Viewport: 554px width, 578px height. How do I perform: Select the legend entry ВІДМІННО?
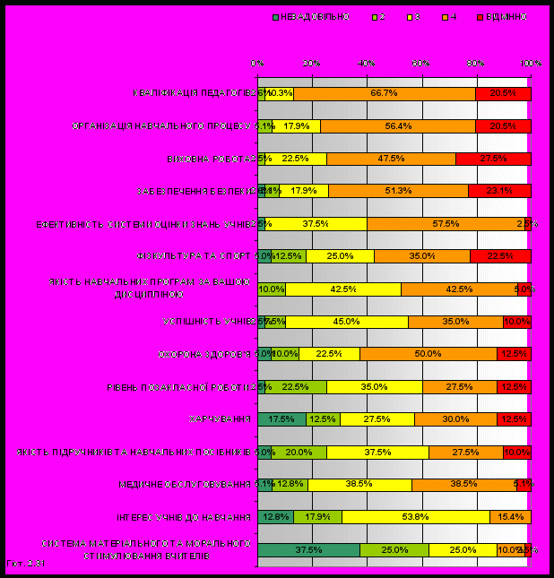[505, 17]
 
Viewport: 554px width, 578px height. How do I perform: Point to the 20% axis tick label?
[312, 64]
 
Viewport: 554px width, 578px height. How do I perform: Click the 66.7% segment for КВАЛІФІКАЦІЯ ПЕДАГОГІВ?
[384, 93]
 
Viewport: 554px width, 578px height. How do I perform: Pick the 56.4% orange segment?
[398, 126]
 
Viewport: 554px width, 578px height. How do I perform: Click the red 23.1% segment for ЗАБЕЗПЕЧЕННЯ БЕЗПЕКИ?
[499, 191]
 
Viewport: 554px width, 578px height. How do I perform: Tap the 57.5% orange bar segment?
[446, 224]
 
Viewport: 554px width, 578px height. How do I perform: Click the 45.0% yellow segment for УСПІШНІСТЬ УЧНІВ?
[346, 322]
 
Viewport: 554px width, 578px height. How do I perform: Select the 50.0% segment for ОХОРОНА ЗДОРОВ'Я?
[428, 354]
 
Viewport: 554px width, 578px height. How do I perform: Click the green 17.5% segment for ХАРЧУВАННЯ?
[281, 419]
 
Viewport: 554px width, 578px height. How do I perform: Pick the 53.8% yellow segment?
[415, 517]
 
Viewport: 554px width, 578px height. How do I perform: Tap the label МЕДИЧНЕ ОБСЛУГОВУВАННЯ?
[185, 485]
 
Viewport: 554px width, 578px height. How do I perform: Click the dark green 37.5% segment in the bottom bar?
[308, 550]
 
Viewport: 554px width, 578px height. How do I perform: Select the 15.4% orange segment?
[510, 517]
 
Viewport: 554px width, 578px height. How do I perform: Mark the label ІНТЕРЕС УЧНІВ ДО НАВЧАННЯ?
[184, 517]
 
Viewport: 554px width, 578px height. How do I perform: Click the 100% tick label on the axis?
[531, 64]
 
